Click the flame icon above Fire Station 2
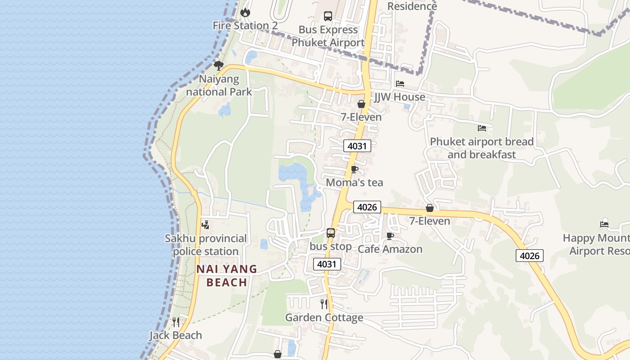245,12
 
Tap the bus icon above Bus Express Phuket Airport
328,16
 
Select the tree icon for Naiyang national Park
219,66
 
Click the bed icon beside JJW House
400,84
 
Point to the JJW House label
400,97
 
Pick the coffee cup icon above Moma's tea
355,170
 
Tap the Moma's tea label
355,182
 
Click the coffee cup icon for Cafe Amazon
390,236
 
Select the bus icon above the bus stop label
331,233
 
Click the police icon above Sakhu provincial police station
206,225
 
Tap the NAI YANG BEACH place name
227,275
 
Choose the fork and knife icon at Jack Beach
176,322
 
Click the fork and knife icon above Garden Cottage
324,304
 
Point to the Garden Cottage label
324,318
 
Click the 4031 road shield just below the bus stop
327,264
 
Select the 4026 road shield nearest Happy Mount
530,256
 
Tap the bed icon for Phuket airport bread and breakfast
482,128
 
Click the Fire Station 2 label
245,26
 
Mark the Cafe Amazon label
390,249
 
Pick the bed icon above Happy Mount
604,225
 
